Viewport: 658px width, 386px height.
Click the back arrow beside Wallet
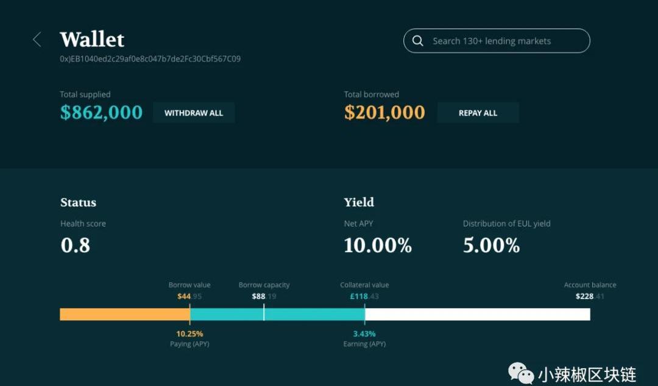pyautogui.click(x=37, y=40)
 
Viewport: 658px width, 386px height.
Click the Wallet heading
pyautogui.click(x=92, y=40)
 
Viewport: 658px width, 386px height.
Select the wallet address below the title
pyautogui.click(x=150, y=59)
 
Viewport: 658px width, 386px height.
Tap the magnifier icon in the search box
pyautogui.click(x=418, y=41)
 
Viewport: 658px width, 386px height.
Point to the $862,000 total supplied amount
pyautogui.click(x=101, y=113)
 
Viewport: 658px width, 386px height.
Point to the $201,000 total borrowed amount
pyautogui.click(x=384, y=113)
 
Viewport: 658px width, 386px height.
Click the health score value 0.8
pyautogui.click(x=76, y=245)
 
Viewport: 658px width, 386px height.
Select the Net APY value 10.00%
pyautogui.click(x=378, y=245)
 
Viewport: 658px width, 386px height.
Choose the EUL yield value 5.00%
pyautogui.click(x=491, y=245)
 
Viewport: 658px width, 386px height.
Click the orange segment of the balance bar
pyautogui.click(x=124, y=314)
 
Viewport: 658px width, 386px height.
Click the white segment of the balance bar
pyautogui.click(x=477, y=314)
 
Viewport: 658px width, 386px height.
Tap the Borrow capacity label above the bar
pyautogui.click(x=264, y=285)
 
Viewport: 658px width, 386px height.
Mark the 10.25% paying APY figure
pyautogui.click(x=189, y=334)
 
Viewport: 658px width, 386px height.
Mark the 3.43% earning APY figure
pyautogui.click(x=364, y=334)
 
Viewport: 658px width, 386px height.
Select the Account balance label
pyautogui.click(x=590, y=285)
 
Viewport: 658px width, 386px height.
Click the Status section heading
pyautogui.click(x=78, y=203)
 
